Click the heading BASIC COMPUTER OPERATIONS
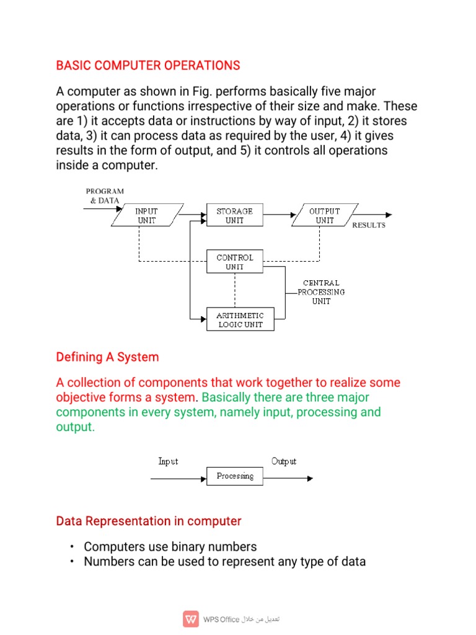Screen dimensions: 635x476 [148, 65]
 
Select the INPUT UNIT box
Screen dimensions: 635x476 [147, 216]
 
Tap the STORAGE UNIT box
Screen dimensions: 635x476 [234, 216]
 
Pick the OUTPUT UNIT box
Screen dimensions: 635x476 [324, 216]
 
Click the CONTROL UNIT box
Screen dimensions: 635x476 [234, 262]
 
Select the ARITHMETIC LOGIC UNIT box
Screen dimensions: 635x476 [240, 320]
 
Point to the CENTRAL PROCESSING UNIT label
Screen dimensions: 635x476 [321, 292]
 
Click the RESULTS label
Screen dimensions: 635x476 [369, 225]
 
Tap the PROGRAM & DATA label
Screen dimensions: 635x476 [105, 196]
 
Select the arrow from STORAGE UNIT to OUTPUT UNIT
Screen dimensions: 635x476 [281, 215]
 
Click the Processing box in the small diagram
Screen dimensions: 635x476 [235, 476]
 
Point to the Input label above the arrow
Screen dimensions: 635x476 [168, 461]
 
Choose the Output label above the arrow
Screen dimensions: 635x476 [284, 461]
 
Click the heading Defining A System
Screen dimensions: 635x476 [107, 357]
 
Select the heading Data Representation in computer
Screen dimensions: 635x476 [149, 521]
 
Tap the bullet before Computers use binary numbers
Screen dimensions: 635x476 [72, 547]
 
